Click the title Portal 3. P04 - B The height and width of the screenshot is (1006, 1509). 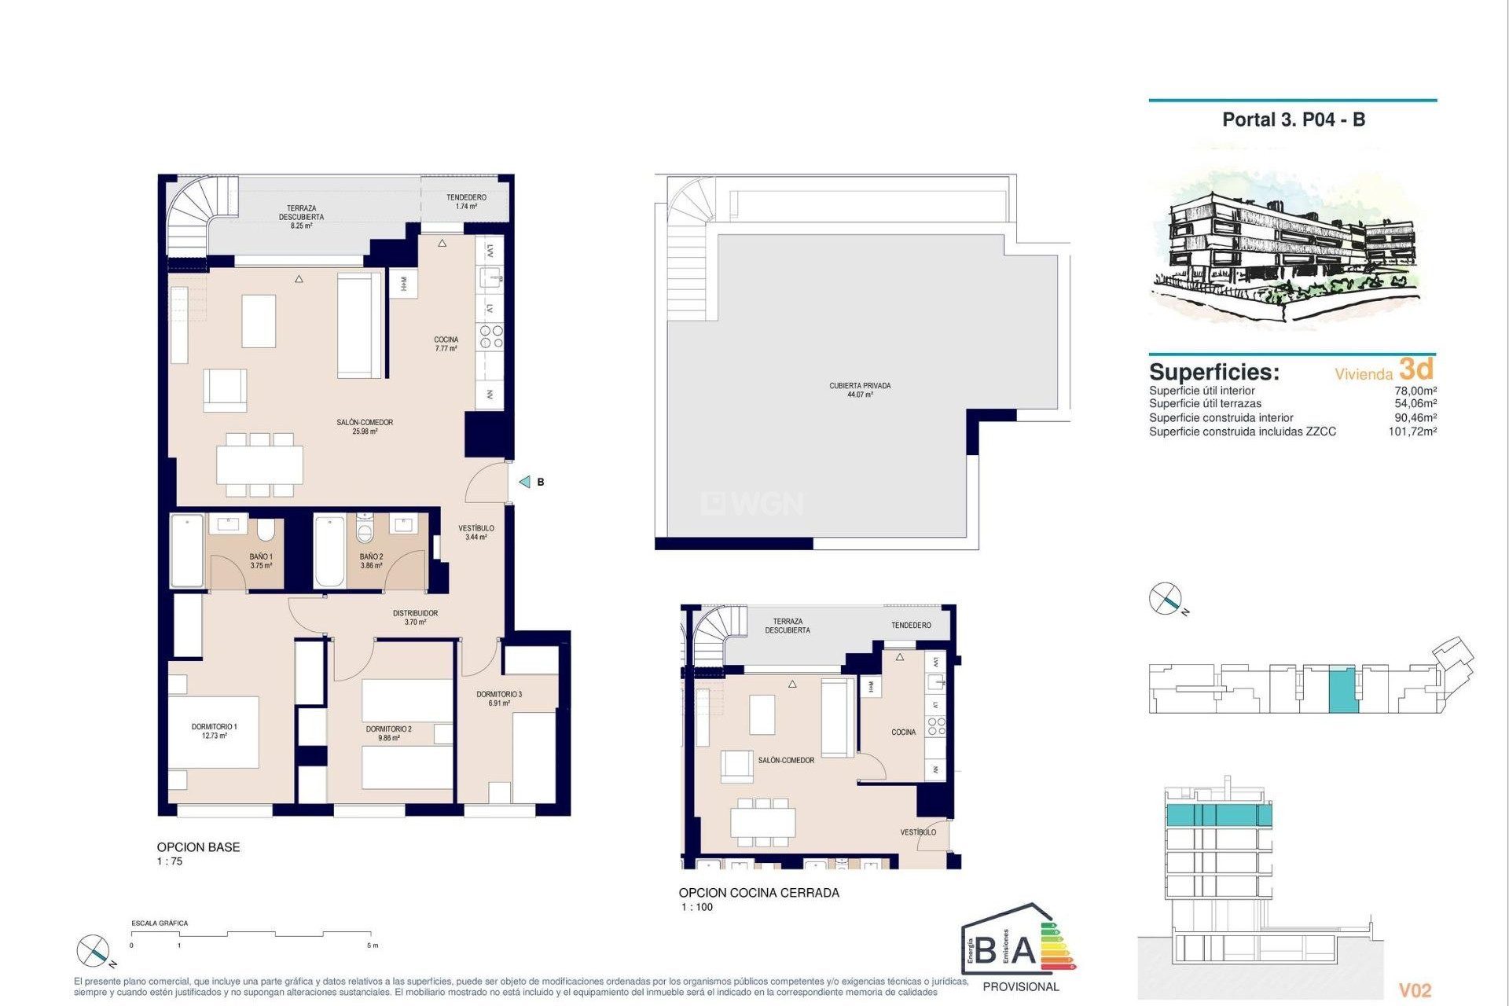click(1293, 119)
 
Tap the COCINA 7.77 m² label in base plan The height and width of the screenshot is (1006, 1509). click(446, 343)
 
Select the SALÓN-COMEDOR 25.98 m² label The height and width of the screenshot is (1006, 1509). click(365, 426)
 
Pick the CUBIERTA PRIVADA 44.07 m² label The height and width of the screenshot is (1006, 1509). click(860, 390)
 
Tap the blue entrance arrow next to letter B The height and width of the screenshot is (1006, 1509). click(525, 482)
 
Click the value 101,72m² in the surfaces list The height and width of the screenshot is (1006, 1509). click(1412, 431)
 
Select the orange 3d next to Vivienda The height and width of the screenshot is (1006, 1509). click(1416, 369)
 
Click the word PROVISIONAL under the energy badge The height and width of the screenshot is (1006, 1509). click(1021, 986)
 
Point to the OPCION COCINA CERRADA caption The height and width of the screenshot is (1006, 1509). click(758, 893)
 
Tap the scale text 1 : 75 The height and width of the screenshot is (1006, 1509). click(170, 861)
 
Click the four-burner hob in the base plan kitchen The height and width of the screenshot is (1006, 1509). click(491, 337)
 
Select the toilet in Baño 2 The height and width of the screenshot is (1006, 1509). click(365, 530)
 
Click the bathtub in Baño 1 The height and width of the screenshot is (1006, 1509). click(187, 550)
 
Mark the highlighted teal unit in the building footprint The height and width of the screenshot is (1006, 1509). click(1342, 690)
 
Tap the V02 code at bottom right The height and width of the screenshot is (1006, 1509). click(1415, 990)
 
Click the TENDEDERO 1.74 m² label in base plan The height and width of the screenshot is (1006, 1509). click(466, 202)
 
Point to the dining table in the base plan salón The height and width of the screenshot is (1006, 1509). click(259, 464)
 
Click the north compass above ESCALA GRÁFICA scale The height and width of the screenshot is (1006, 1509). click(93, 951)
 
